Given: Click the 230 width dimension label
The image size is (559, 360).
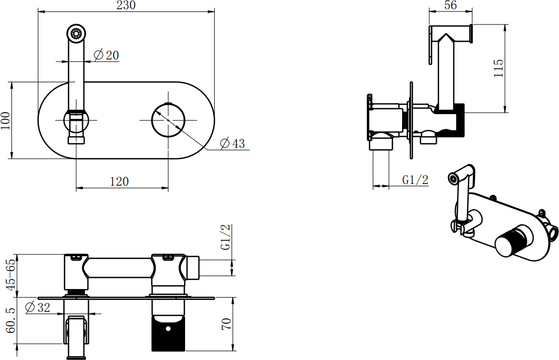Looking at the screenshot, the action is click(126, 5).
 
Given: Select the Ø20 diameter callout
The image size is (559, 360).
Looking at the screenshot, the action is click(106, 55).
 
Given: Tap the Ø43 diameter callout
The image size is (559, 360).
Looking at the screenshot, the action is click(233, 143).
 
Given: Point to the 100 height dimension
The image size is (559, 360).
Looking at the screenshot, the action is click(6, 121).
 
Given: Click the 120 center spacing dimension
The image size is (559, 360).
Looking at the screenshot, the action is click(119, 181).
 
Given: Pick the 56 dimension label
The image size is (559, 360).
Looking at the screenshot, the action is click(451, 5).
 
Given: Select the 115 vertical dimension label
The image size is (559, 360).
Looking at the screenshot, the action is click(498, 68).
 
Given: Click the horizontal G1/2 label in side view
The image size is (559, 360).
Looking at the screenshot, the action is click(416, 180).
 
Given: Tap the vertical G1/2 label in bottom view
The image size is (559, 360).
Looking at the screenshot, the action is click(226, 237).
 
